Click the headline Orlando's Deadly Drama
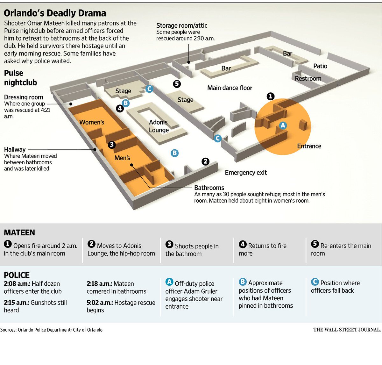(x=55, y=13)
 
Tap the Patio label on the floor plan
(x=320, y=66)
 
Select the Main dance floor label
(x=230, y=88)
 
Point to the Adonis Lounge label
(x=159, y=126)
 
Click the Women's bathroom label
(x=92, y=122)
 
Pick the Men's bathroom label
(x=122, y=158)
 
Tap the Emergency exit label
(x=246, y=173)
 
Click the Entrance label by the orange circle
(x=309, y=146)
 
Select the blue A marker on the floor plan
(x=283, y=125)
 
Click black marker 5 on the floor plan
(x=177, y=84)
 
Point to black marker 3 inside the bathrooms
(x=111, y=145)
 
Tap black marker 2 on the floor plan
(x=206, y=161)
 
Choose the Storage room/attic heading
(x=181, y=25)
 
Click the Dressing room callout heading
(x=24, y=97)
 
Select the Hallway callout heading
(x=15, y=149)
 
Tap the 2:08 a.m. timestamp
(x=17, y=283)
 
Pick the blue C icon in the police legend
(x=315, y=282)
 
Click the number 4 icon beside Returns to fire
(x=243, y=244)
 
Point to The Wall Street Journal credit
(x=347, y=330)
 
